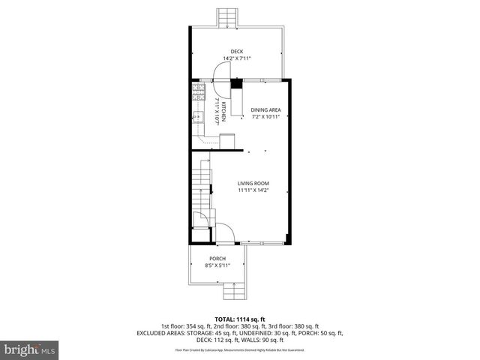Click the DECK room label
tap(236, 52)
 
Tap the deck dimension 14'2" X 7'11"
tap(236, 58)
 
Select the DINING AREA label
tap(265, 109)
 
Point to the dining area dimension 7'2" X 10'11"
tap(265, 116)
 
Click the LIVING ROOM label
tap(253, 184)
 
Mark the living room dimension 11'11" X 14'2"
tap(253, 190)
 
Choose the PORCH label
tap(217, 259)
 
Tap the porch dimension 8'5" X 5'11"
tap(217, 265)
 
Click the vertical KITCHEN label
tap(223, 110)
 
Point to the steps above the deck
tap(226, 17)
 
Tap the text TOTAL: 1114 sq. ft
tap(239, 319)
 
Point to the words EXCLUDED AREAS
tap(162, 332)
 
